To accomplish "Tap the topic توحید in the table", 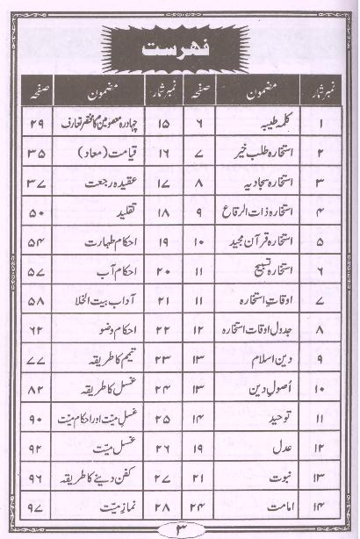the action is (x=270, y=418).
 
